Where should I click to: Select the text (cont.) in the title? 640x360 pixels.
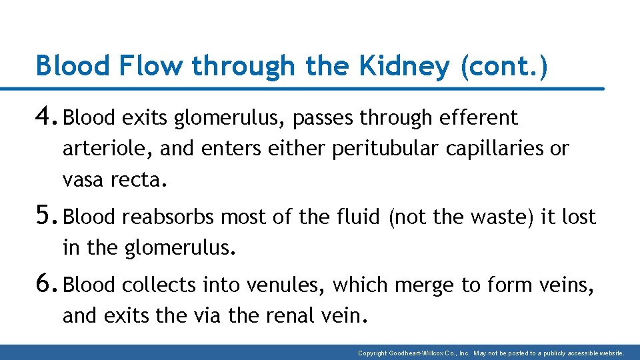click(504, 67)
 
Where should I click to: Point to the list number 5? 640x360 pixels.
click(48, 216)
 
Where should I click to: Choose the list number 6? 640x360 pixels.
click(48, 284)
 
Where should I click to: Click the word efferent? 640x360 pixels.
click(479, 118)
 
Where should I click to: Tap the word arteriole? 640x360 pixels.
click(107, 148)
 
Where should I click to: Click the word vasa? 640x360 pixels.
click(83, 179)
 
